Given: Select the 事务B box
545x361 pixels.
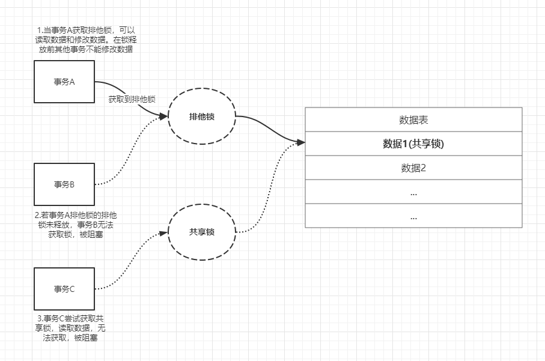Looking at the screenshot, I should pos(64,184).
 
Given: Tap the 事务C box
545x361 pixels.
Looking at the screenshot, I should pos(64,288).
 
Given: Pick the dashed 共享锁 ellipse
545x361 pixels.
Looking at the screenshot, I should pos(201,232).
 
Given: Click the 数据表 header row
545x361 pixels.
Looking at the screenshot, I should pos(413,120).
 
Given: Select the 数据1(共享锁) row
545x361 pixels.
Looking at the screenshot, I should pos(413,144).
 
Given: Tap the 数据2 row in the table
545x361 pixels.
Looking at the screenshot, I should pos(413,168).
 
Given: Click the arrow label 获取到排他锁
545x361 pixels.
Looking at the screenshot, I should pos(132,99).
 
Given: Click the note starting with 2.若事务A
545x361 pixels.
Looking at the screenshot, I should pos(76,224).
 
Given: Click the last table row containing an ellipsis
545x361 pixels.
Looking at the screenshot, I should pos(413,216).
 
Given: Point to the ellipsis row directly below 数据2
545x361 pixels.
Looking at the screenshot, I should pos(413,192).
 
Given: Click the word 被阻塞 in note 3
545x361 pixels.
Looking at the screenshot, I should pos(85,338).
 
